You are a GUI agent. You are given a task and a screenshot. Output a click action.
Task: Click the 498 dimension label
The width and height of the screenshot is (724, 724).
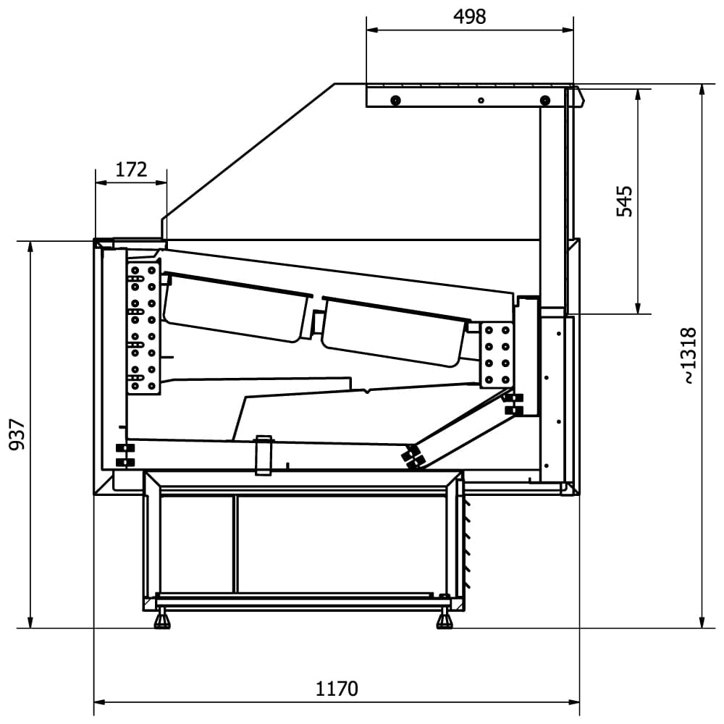pos(470,17)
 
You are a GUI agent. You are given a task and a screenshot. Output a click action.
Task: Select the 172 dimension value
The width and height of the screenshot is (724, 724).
pos(131,170)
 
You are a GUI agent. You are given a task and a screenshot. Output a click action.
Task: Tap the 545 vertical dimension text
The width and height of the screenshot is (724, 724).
pos(624,201)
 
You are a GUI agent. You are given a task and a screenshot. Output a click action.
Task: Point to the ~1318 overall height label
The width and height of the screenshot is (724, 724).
pos(688,355)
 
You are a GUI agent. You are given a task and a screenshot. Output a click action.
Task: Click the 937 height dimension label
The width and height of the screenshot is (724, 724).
pos(17,434)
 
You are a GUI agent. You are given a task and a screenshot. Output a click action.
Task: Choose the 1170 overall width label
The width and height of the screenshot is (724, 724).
pos(337,689)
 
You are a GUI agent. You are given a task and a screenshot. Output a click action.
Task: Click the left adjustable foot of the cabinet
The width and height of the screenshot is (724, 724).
pos(161,620)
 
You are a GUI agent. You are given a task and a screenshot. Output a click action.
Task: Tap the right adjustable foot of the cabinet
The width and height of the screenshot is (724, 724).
pos(445,620)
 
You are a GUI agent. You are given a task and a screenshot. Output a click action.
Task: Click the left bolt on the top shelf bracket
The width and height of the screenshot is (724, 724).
pos(395,100)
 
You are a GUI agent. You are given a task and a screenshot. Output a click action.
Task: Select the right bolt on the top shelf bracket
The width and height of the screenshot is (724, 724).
pos(545,100)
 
